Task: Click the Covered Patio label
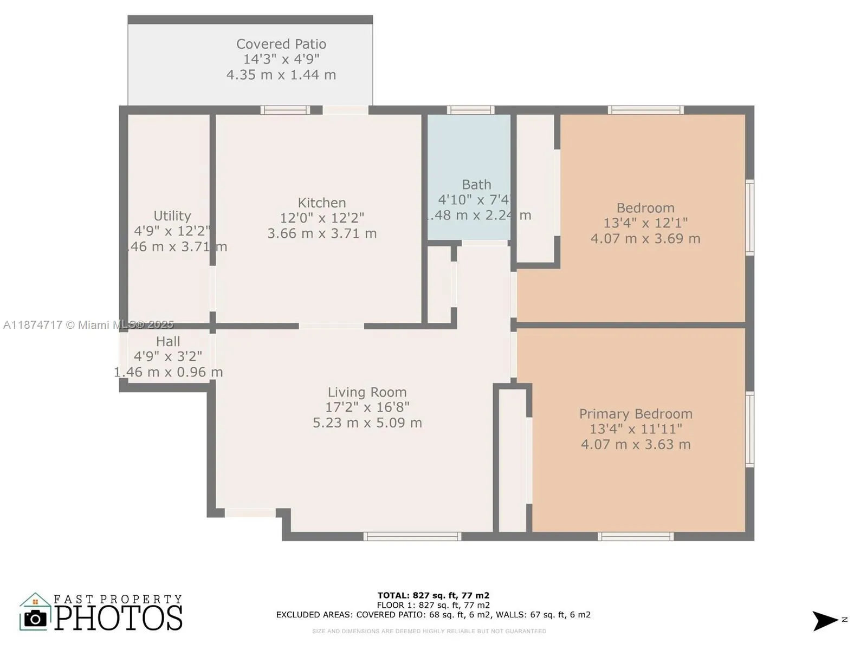[281, 44]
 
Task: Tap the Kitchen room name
[321, 203]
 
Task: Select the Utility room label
[172, 216]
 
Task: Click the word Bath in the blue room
[476, 185]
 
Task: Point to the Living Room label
[367, 392]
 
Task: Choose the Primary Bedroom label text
[636, 414]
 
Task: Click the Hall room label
[168, 341]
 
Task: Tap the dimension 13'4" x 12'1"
[645, 223]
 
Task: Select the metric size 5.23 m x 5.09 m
[367, 422]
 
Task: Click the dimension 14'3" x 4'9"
[281, 59]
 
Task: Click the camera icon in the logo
[35, 618]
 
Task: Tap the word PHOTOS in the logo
[118, 618]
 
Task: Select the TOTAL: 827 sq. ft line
[433, 595]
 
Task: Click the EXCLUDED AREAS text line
[433, 615]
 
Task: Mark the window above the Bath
[470, 110]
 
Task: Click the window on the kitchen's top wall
[285, 110]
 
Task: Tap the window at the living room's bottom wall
[412, 536]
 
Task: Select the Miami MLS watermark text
[88, 324]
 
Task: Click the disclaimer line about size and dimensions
[429, 631]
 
